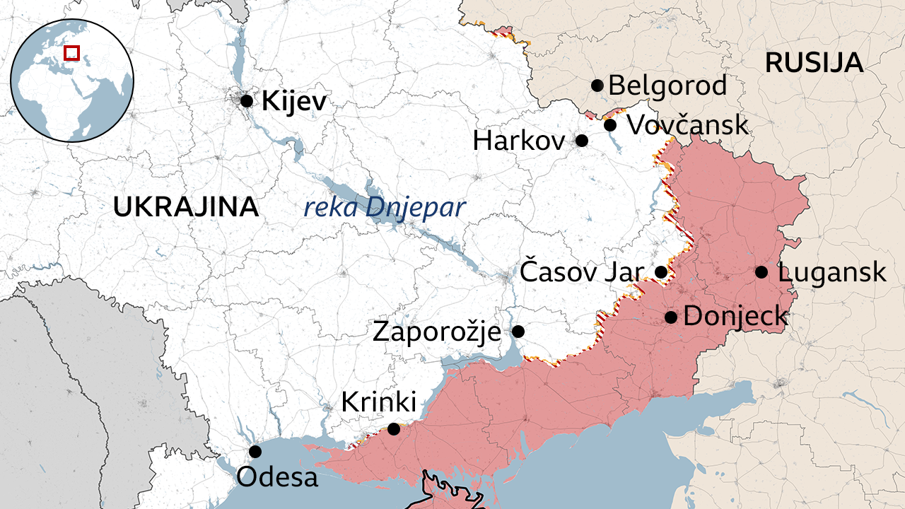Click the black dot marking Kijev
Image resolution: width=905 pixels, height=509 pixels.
click(247, 101)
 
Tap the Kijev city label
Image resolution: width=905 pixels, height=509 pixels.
click(294, 102)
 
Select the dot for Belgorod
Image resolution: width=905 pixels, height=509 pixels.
click(597, 86)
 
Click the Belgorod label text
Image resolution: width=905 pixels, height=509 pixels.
click(667, 86)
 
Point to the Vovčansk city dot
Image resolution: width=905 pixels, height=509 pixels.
click(610, 126)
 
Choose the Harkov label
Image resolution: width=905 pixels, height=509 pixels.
click(519, 141)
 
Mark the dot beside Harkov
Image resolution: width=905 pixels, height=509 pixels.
click(582, 141)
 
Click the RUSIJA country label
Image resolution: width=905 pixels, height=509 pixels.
click(814, 64)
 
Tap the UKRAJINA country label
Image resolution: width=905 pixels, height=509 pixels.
click(186, 207)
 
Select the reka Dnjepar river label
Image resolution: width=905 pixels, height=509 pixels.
click(385, 208)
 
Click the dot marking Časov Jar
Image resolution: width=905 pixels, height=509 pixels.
click(661, 272)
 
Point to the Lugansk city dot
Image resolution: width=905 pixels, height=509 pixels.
click(761, 272)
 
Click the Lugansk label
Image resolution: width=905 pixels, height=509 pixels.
click(831, 272)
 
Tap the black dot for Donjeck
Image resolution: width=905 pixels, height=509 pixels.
click(671, 317)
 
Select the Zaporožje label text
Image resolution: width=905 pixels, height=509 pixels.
click(436, 331)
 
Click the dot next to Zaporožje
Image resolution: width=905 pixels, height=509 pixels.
click(518, 331)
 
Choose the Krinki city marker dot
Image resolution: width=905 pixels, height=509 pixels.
click(394, 429)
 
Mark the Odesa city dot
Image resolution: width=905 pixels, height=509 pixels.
click(255, 452)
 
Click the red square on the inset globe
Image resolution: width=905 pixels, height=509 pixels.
click(71, 52)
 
